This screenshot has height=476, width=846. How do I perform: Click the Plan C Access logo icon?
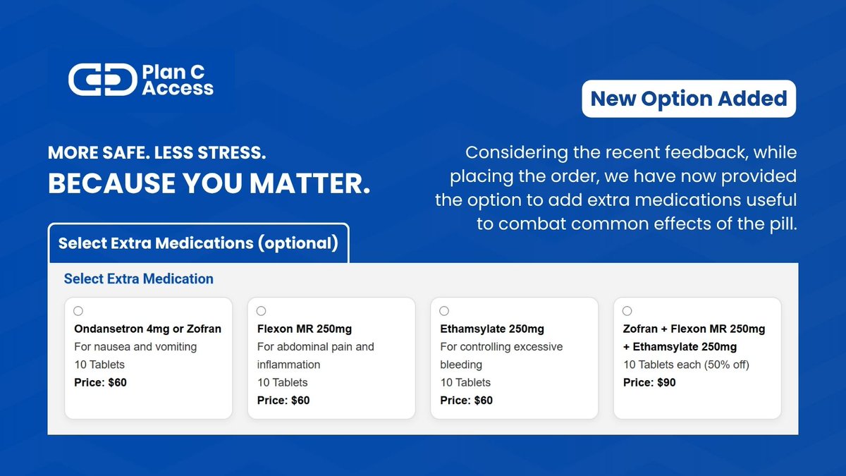pos(102,80)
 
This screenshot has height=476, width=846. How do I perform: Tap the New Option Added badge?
pos(689,99)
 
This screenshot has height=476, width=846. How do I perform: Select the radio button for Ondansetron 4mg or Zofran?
pos(78,311)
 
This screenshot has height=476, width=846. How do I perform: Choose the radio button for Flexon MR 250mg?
pos(262,311)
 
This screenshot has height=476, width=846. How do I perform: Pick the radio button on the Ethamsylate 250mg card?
pos(444,311)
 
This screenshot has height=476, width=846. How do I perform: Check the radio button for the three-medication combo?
pos(627,311)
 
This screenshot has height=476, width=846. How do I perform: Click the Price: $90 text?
pos(649,383)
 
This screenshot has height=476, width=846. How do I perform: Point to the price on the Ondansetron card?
pos(100,383)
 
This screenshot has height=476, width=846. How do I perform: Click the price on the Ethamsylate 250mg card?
pos(466,401)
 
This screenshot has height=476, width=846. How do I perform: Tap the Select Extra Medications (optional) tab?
pos(198,243)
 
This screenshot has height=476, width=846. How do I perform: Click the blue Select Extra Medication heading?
pos(138,279)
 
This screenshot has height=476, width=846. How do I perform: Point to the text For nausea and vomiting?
pos(135,347)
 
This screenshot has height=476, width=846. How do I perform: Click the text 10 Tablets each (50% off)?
pos(686,365)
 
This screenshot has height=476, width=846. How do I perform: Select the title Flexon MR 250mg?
pos(304,329)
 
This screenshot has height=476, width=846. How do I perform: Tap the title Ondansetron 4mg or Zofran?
pos(147,329)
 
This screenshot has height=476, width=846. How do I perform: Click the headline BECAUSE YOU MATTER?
pos(209,183)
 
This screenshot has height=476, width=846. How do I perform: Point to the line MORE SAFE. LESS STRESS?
pos(157,152)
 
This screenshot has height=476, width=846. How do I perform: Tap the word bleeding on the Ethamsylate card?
pos(461,365)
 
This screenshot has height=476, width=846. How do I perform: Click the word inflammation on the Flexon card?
pos(288,365)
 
